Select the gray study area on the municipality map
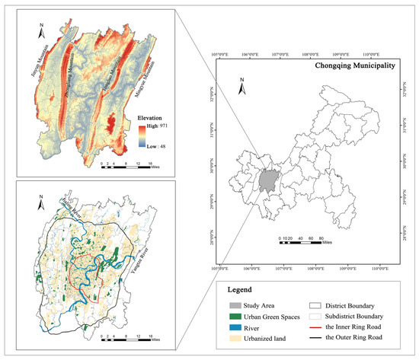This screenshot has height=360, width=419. click(266, 181)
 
